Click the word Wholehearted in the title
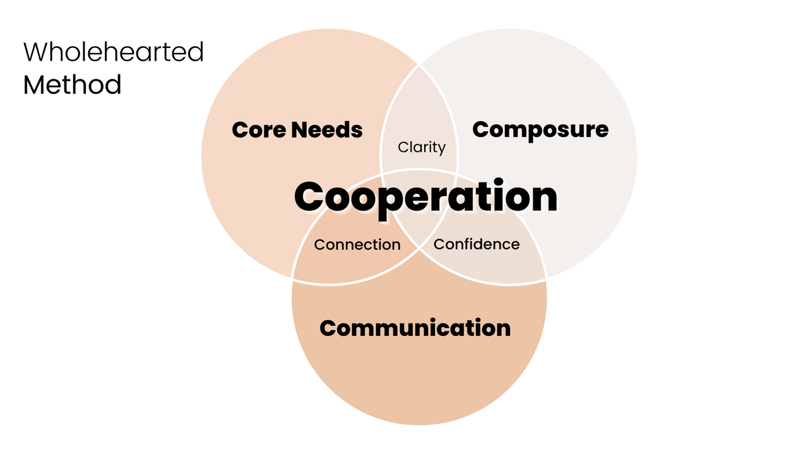tap(114, 52)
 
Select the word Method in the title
tap(72, 84)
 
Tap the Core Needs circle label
tap(297, 130)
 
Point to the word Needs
tap(328, 130)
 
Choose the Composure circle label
tap(540, 129)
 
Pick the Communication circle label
tap(415, 328)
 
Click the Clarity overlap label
tap(422, 148)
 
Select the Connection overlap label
tap(357, 245)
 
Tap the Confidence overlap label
tap(477, 244)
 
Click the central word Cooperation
tap(425, 197)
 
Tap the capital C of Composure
tap(482, 129)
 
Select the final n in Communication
tap(502, 329)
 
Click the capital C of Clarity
tap(403, 148)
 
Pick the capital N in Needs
tap(302, 130)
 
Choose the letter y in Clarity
tap(441, 149)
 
